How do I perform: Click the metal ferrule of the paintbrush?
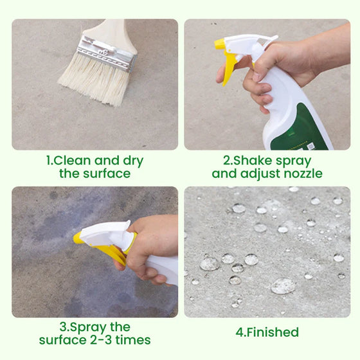click(106, 51)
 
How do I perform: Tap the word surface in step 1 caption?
click(106, 174)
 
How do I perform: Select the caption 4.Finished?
click(267, 332)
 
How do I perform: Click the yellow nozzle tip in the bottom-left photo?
click(78, 238)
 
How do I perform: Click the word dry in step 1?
click(131, 161)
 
